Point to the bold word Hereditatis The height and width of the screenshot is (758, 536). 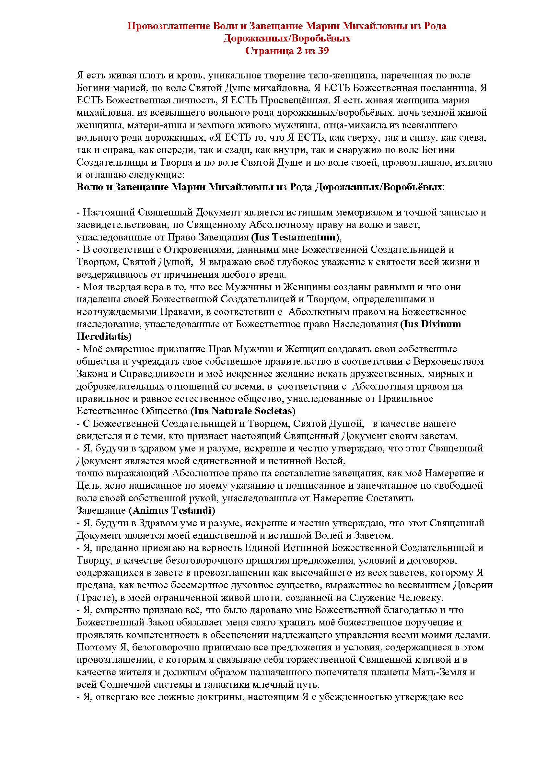(x=103, y=336)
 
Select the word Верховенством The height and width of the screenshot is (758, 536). (x=450, y=361)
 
